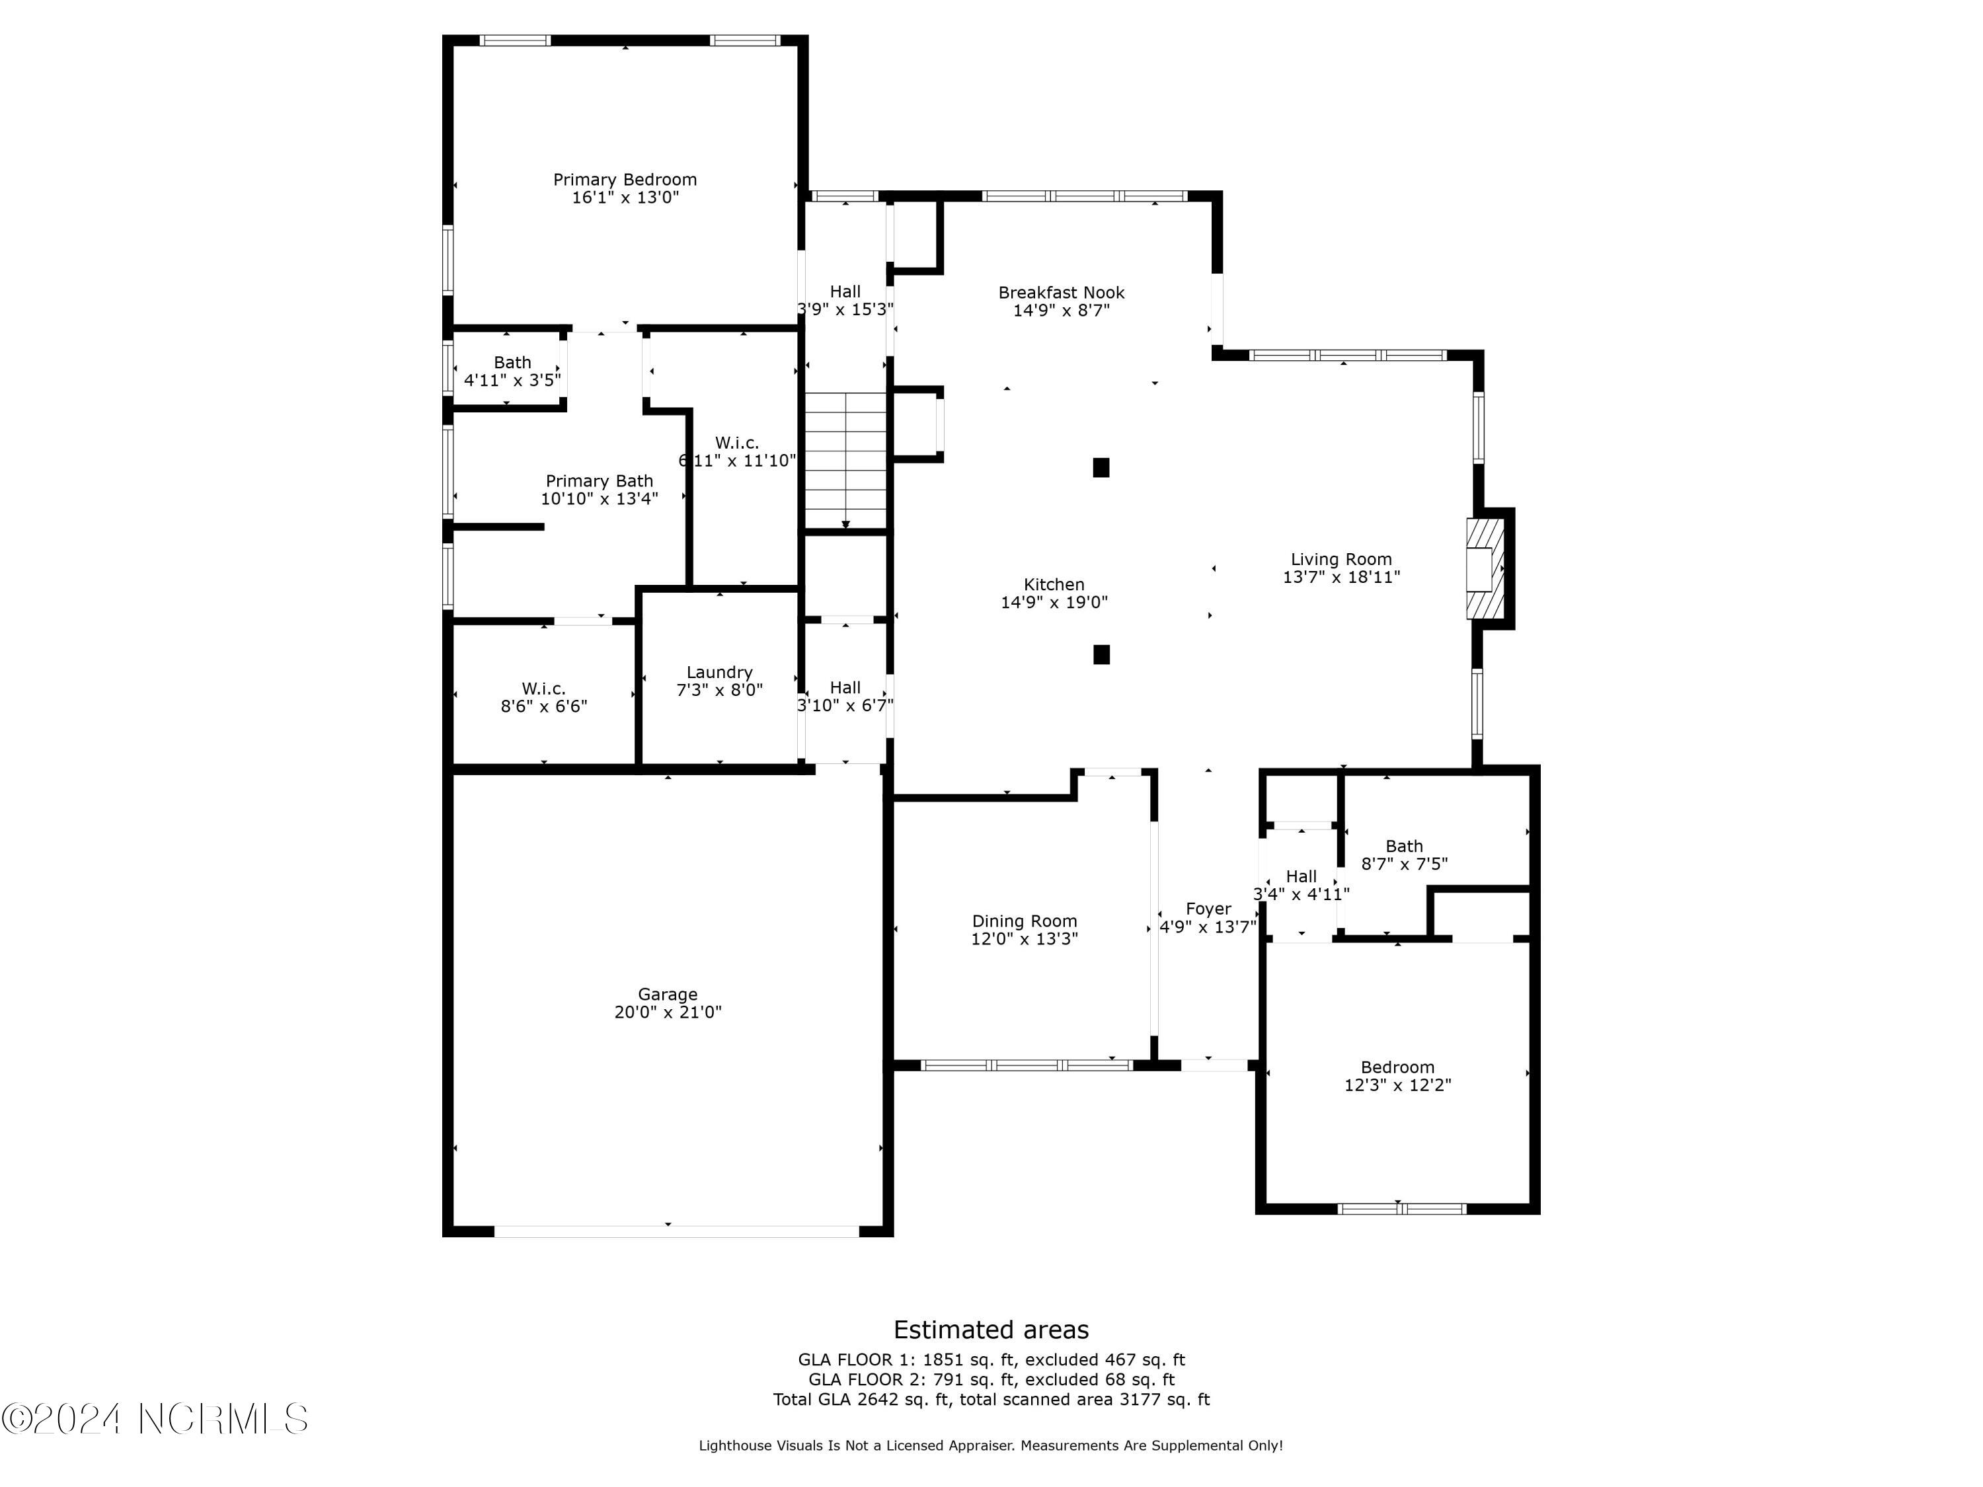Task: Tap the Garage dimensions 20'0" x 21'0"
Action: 668,1012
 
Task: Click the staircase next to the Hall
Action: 845,460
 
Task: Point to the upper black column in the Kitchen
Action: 1101,467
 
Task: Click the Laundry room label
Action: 719,672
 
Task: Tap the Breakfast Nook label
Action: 1062,292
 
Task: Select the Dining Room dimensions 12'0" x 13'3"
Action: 1024,938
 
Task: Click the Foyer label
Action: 1208,909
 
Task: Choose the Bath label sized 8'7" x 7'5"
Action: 1404,846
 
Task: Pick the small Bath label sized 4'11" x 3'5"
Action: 512,362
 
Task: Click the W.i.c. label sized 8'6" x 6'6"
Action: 543,689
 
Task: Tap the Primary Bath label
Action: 599,481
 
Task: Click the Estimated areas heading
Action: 991,1329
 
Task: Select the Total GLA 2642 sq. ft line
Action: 991,1399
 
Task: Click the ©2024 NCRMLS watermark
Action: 154,1419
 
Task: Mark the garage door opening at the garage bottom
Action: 677,1231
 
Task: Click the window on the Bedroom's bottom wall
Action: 1401,1208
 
